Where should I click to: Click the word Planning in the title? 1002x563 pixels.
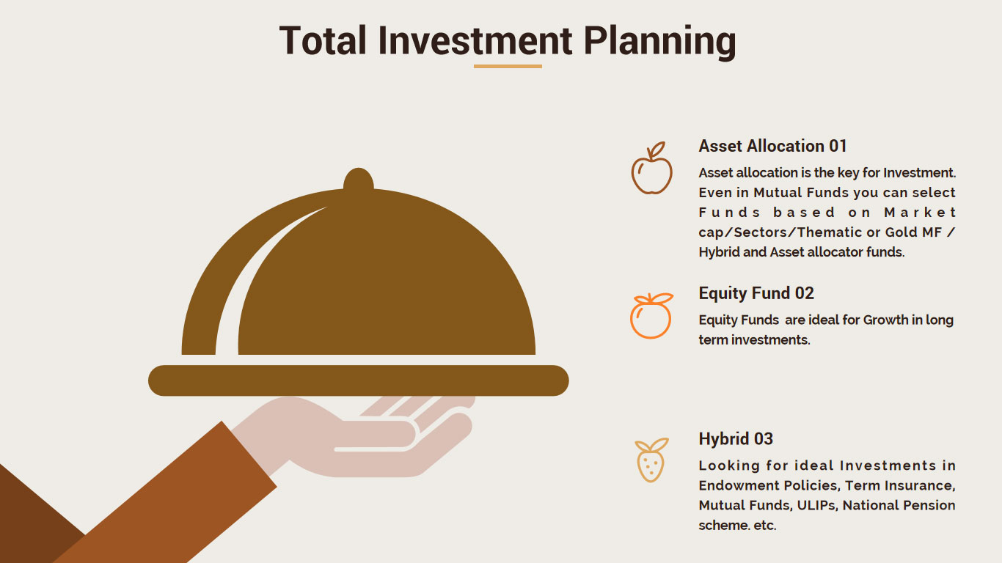pos(659,42)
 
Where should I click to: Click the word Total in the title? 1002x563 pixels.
pos(323,40)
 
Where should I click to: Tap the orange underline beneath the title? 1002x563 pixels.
pos(508,66)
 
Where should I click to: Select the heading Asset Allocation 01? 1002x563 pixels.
pos(772,146)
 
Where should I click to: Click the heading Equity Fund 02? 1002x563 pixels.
pos(756,293)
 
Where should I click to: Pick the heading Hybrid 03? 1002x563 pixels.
pos(736,438)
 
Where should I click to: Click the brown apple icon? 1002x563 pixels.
pos(652,168)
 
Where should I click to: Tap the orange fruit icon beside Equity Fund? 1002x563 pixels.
pos(651,316)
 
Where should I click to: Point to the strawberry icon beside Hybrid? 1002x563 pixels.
pos(651,460)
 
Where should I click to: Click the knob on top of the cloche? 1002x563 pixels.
pos(358,179)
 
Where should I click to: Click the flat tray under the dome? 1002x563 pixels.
pos(358,380)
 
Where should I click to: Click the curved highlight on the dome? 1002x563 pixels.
pos(251,273)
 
